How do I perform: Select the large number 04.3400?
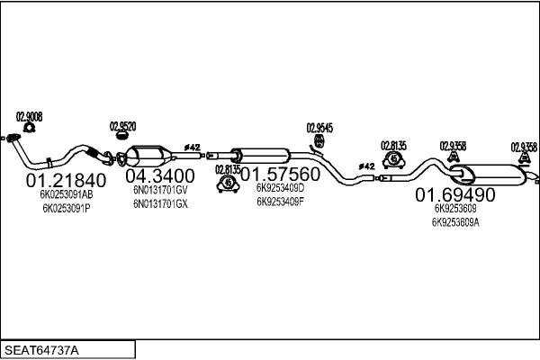tap(159, 175)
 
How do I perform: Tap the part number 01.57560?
tap(279, 173)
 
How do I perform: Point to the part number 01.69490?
tap(454, 194)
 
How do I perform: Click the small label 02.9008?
tap(30, 115)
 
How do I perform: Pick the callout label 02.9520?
tap(123, 126)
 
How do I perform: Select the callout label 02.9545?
tap(319, 127)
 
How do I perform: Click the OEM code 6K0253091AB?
tap(67, 194)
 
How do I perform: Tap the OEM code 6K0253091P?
tap(67, 208)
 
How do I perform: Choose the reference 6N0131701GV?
tap(160, 190)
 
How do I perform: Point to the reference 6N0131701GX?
tap(160, 203)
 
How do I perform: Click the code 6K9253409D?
tap(280, 188)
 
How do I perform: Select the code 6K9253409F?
tap(280, 202)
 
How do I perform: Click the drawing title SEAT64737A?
tap(41, 348)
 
